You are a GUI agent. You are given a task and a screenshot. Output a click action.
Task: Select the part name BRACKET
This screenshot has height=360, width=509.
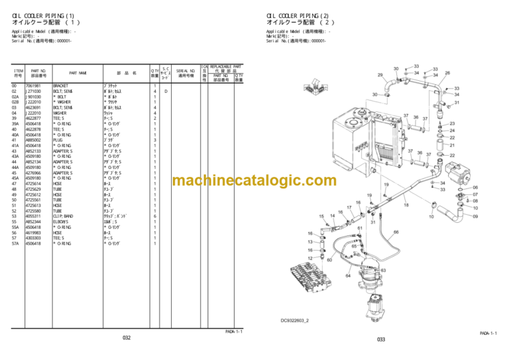pyautogui.click(x=61, y=86)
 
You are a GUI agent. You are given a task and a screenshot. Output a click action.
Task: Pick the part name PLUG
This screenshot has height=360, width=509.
pyautogui.click(x=58, y=140)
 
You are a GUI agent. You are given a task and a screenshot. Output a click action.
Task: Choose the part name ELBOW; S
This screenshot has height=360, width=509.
pyautogui.click(x=62, y=221)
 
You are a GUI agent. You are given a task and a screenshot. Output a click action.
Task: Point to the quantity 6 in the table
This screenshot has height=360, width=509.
pyautogui.click(x=154, y=216)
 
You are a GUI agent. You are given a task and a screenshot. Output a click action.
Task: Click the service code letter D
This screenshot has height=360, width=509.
pyautogui.click(x=166, y=91)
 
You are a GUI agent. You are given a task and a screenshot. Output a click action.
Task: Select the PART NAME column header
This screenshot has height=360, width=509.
pyautogui.click(x=78, y=73)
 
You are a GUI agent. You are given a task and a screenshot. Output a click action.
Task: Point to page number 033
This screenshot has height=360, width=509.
pyautogui.click(x=380, y=340)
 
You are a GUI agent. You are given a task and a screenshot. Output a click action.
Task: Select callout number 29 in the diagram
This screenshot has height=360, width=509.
pyautogui.click(x=380, y=76)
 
